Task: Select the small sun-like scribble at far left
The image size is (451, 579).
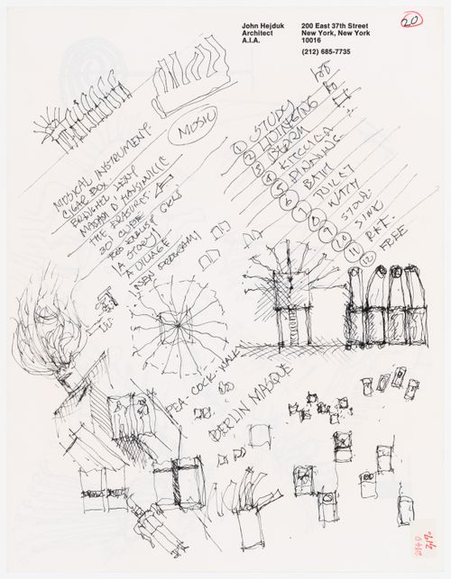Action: pos(42,135)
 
